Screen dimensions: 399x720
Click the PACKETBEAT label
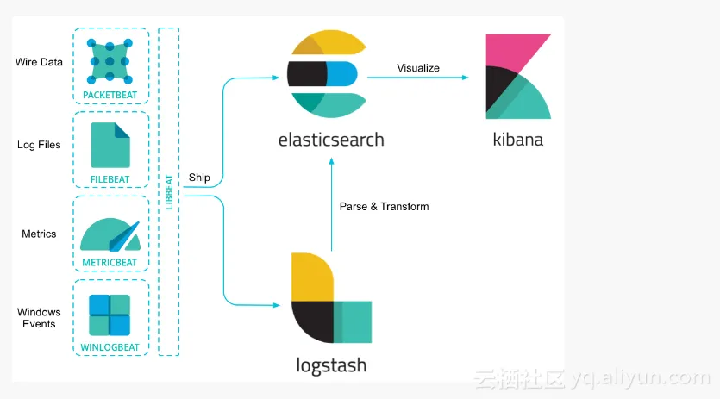[110, 94]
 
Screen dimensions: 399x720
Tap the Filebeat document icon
[110, 143]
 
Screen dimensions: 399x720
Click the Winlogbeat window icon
[110, 315]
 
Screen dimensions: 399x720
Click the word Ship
[199, 178]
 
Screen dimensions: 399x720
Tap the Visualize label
[418, 68]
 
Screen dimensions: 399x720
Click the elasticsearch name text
[331, 139]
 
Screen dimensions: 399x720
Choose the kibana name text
[517, 139]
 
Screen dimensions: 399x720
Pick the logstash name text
[330, 365]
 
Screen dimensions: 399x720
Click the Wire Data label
[39, 62]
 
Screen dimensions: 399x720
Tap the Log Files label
[39, 145]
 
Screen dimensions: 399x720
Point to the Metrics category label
[39, 234]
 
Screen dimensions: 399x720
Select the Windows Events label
[39, 318]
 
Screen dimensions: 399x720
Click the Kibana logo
[517, 77]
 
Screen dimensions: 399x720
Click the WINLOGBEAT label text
[110, 348]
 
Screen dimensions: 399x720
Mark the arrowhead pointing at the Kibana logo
[465, 78]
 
